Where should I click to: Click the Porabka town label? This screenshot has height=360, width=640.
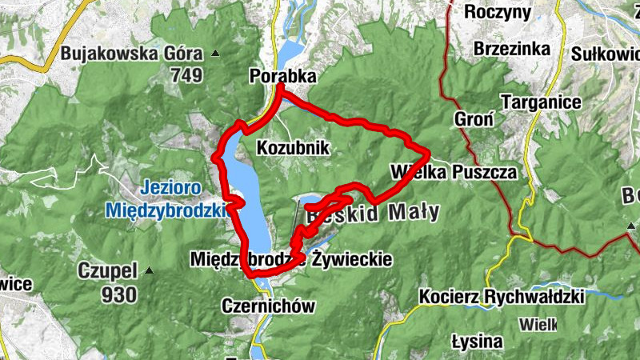pos(282,76)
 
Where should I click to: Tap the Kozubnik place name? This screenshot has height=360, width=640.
pos(293,148)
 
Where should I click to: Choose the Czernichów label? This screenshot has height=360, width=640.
pos(269,306)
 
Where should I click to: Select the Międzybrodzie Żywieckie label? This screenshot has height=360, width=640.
pos(291,259)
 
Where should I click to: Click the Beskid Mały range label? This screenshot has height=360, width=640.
pos(374,213)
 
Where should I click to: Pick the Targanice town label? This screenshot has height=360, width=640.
pos(540,102)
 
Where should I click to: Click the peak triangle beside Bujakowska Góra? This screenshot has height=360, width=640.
pos(215,54)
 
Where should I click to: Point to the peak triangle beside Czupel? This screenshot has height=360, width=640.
pos(149,271)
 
